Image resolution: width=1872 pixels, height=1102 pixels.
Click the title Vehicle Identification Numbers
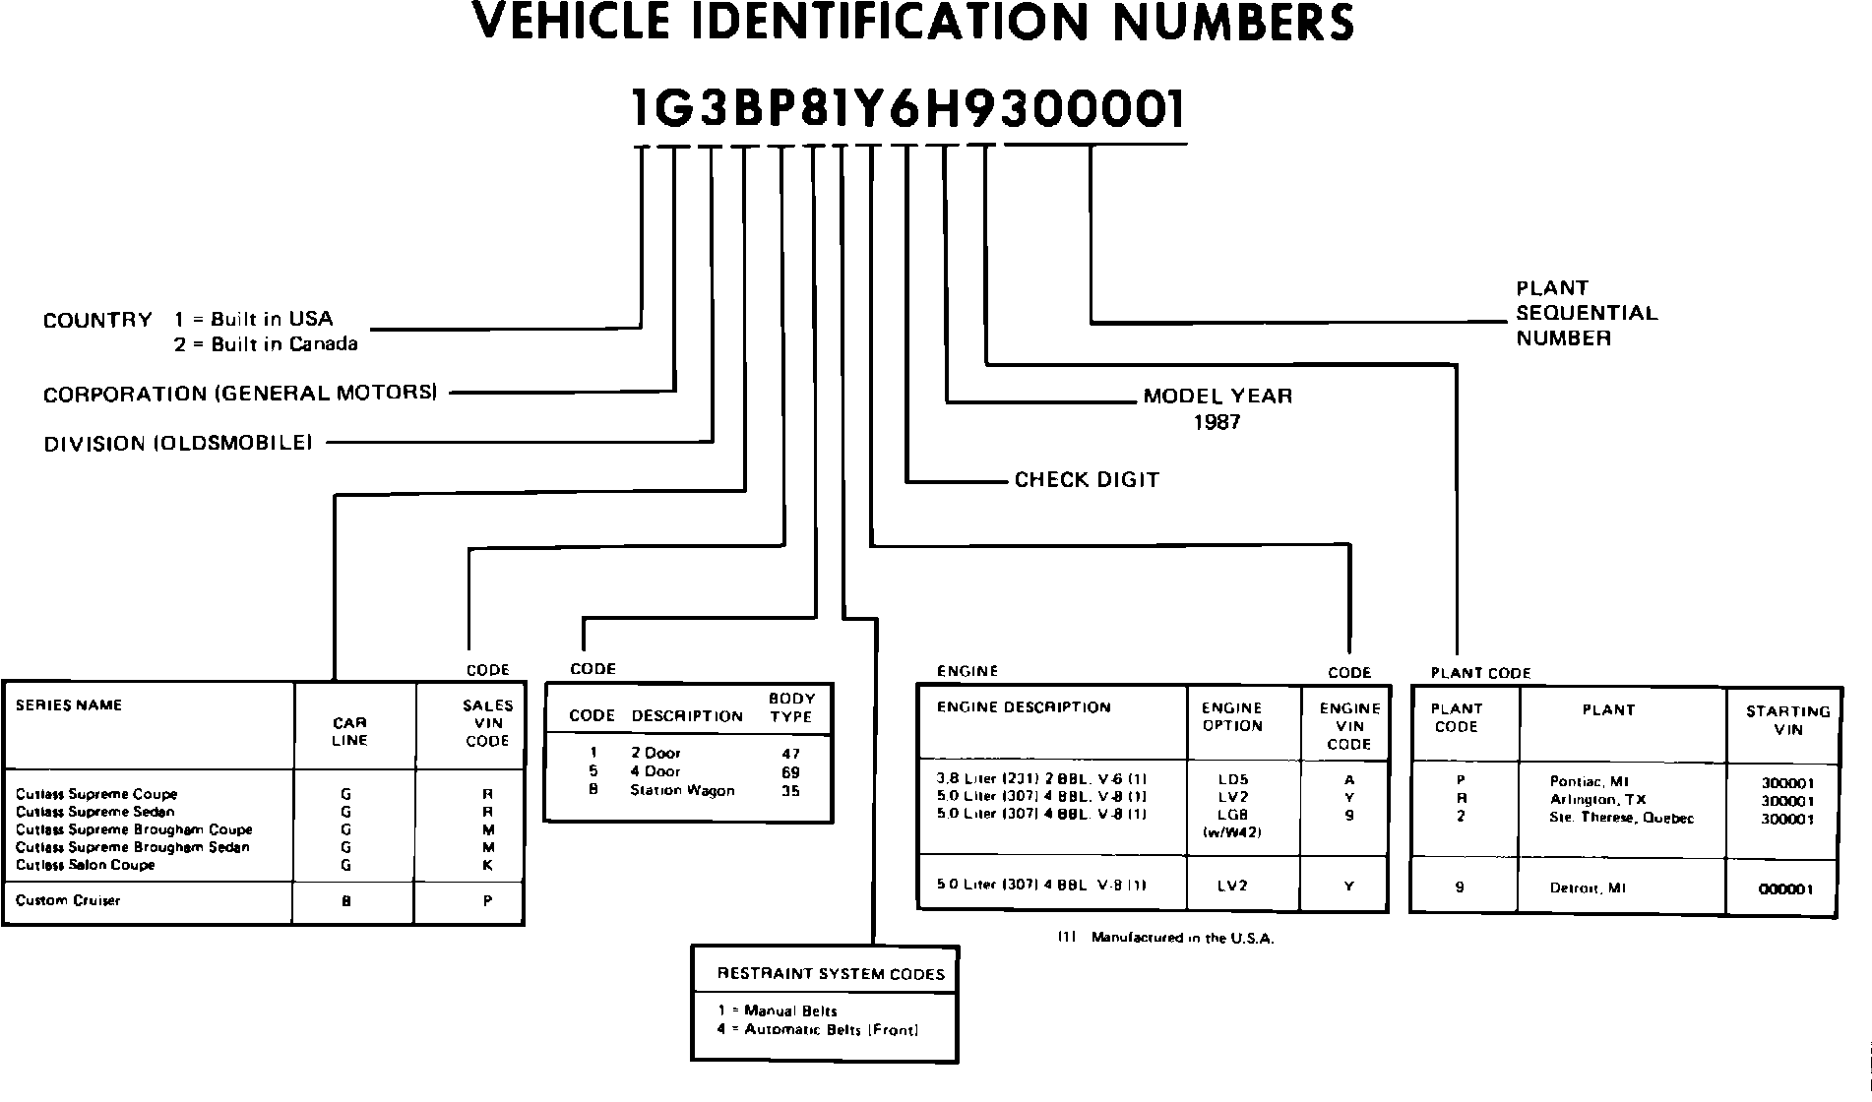(x=912, y=22)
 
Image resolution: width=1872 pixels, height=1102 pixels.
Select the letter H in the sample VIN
(x=942, y=109)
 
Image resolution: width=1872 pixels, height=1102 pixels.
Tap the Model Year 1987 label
(x=1217, y=408)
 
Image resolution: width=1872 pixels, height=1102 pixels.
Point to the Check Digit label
(x=1087, y=480)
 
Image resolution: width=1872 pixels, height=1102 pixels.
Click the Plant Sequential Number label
(x=1586, y=313)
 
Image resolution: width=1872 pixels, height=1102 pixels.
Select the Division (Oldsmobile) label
(x=178, y=444)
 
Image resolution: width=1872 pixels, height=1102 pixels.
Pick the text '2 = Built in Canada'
(x=267, y=344)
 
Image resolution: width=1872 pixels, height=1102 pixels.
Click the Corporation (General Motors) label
(x=240, y=394)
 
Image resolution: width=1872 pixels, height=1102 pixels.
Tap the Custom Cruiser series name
(x=68, y=900)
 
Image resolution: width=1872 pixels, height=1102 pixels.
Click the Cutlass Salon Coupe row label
(x=85, y=865)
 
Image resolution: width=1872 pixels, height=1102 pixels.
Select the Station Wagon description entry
(x=682, y=790)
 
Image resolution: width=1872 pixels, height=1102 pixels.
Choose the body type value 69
(x=790, y=772)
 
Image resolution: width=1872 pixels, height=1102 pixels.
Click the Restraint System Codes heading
(x=831, y=974)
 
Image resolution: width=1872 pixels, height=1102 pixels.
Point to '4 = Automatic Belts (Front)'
(x=818, y=1030)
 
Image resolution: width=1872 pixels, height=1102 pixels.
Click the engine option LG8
(x=1232, y=815)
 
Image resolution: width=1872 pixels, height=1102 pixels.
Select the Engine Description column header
(x=1024, y=707)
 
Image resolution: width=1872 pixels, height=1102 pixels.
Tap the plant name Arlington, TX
(x=1597, y=800)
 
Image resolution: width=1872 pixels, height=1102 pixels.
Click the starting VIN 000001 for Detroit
(x=1785, y=889)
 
